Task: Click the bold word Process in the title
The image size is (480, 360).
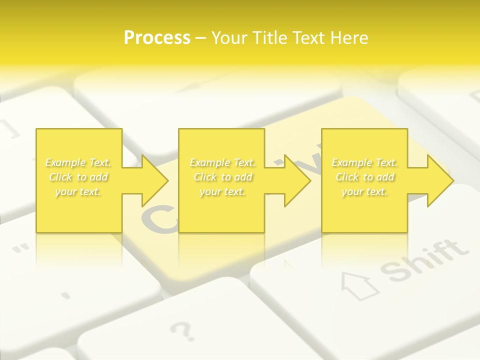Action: (157, 38)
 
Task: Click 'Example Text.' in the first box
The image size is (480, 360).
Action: (78, 162)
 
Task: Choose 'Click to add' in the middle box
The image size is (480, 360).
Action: (222, 177)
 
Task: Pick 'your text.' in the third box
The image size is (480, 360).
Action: (364, 191)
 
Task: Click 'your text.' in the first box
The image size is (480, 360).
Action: (78, 191)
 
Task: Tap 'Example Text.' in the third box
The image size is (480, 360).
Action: (364, 162)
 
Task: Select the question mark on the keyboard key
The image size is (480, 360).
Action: (181, 330)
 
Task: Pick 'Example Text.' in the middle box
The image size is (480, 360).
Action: (222, 162)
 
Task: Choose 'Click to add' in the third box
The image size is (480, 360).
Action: (364, 177)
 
